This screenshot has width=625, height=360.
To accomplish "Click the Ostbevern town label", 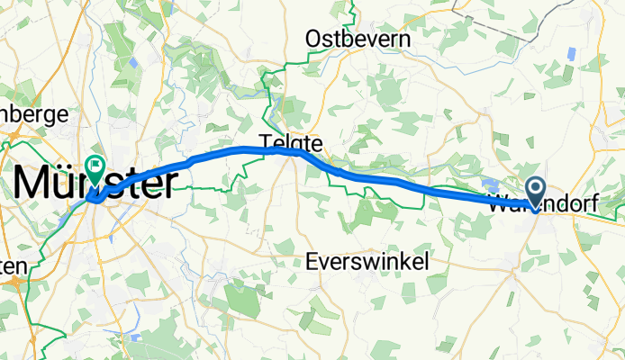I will click(358, 40).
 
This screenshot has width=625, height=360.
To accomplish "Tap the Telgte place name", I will click(290, 141).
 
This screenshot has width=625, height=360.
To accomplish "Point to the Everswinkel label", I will click(366, 261).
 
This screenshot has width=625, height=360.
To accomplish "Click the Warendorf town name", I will click(555, 204).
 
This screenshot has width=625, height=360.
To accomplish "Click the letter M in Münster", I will click(32, 184).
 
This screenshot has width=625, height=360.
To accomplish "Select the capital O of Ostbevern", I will click(313, 40).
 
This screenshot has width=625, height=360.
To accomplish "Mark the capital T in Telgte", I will click(267, 141).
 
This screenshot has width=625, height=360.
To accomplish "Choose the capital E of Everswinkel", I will click(312, 261).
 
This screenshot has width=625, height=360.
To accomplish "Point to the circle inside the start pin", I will click(535, 187).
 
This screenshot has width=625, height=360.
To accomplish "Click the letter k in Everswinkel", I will click(400, 261).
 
